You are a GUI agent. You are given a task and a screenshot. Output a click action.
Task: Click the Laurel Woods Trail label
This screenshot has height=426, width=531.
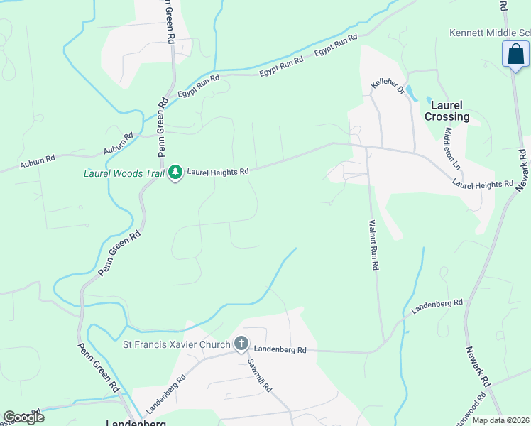(124, 172)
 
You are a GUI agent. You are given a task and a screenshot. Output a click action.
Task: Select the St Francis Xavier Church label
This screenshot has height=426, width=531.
(176, 345)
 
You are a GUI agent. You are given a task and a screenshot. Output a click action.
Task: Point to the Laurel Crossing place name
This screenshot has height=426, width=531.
(447, 111)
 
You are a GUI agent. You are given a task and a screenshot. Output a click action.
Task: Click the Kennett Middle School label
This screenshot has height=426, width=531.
(490, 33)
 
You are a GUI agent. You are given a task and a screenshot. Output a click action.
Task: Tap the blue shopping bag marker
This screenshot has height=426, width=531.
(515, 55)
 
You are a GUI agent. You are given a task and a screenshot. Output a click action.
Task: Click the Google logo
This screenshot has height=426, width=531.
(23, 417)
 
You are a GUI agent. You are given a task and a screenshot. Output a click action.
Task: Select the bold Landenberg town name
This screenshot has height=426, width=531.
(136, 422)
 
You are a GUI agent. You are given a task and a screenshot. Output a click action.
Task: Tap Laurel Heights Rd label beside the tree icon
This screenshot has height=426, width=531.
(218, 172)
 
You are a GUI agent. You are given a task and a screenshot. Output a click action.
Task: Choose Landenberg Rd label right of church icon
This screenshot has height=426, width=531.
(280, 349)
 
